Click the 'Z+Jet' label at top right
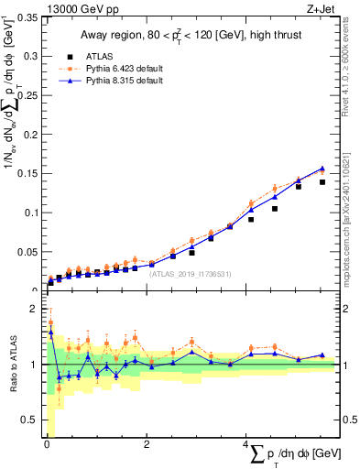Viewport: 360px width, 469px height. [x=322, y=9]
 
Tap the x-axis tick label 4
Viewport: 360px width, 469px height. [x=245, y=445]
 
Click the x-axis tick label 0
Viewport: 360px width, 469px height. [x=47, y=445]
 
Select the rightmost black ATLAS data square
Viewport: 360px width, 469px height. [x=322, y=182]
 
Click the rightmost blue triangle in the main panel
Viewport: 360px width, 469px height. [x=322, y=169]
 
